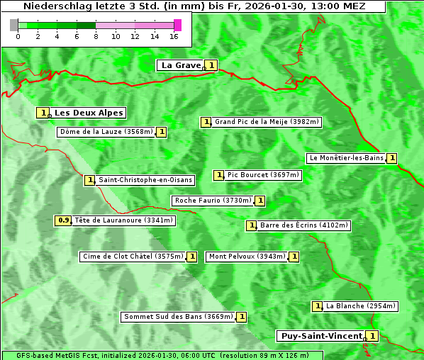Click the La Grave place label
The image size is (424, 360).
(x=181, y=65)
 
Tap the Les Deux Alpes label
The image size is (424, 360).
(x=89, y=113)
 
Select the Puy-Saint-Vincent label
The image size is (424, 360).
(x=320, y=336)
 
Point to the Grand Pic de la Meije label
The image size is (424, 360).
(x=267, y=122)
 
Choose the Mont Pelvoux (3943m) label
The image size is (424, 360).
(x=247, y=257)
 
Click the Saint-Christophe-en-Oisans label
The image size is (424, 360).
(x=145, y=180)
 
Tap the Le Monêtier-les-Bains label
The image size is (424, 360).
(x=346, y=158)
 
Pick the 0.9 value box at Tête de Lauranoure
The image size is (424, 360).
(x=64, y=220)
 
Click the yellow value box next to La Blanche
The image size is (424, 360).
(x=318, y=306)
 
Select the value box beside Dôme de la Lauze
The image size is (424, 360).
(x=162, y=132)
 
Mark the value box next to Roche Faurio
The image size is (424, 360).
(x=260, y=201)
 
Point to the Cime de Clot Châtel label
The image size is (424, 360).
(x=133, y=257)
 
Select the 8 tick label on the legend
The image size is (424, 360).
(x=96, y=36)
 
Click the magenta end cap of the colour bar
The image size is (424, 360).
(x=177, y=25)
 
